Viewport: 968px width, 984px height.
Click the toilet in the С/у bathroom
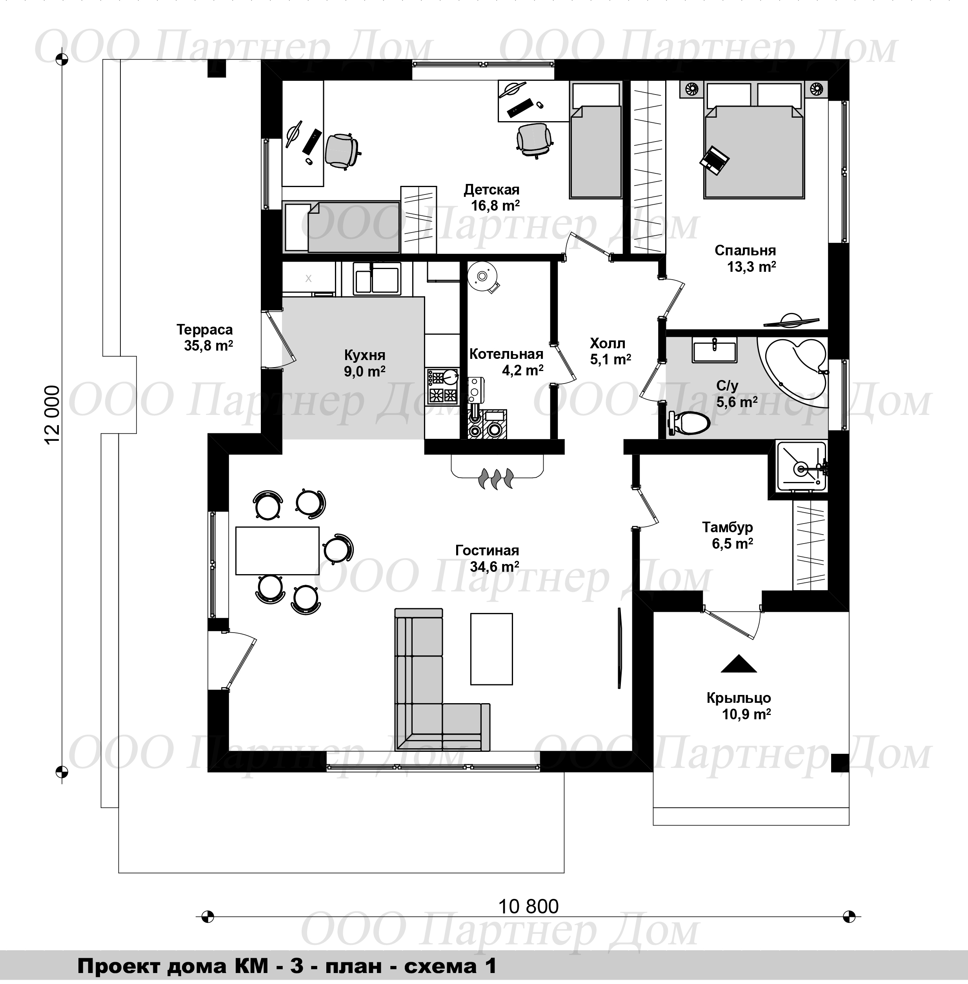(688, 422)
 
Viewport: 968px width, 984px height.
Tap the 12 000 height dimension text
(53, 415)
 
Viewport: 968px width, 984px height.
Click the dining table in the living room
(277, 551)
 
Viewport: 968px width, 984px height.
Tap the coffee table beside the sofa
(491, 649)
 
